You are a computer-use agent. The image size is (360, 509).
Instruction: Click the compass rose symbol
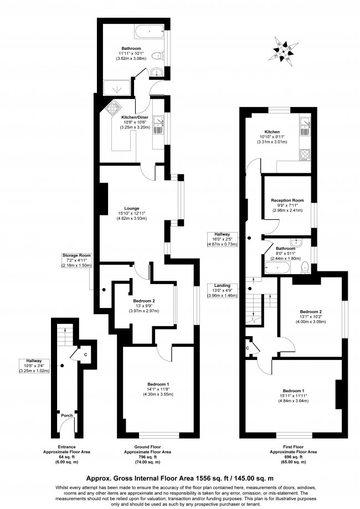tap(284, 52)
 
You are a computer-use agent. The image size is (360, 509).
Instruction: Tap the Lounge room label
tap(131, 208)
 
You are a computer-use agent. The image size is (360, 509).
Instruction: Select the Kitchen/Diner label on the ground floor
tap(135, 117)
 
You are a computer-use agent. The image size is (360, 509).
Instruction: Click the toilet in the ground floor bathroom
tap(159, 55)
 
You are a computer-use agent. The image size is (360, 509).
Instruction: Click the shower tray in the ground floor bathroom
tap(117, 88)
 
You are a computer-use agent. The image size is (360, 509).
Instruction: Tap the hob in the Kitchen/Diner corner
tap(112, 107)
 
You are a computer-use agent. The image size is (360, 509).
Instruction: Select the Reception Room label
tap(287, 200)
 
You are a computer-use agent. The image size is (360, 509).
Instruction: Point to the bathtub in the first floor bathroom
tap(278, 268)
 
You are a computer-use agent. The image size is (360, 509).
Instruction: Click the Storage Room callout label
tap(76, 255)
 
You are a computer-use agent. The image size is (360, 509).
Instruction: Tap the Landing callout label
tap(222, 285)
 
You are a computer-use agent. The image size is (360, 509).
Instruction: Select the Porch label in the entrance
tap(67, 415)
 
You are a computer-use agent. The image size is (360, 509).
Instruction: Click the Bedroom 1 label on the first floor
tap(294, 391)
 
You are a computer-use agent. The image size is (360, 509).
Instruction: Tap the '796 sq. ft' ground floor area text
tap(147, 457)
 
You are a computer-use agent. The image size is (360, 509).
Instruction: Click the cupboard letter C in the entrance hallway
tap(86, 355)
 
